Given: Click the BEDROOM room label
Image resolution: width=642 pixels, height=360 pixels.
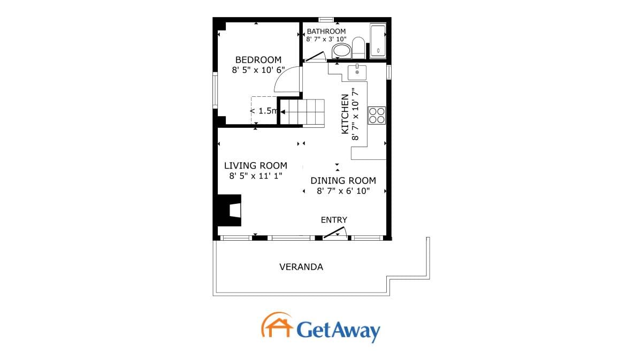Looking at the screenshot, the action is pos(258,59).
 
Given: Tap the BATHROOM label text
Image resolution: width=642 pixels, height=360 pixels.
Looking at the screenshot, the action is pos(326,31).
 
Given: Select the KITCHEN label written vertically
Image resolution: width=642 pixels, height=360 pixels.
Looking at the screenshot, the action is pos(345,114).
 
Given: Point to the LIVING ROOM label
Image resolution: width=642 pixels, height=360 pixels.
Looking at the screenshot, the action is pos(255,165).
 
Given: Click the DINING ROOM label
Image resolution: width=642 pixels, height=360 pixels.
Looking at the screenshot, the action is pos(343,181).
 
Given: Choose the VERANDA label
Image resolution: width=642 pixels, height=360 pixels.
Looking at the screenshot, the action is pos(301,267).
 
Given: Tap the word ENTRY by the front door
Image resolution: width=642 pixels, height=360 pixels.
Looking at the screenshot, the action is pos(334,220).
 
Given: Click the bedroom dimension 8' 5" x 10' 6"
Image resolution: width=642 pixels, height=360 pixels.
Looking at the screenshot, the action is pos(258,70).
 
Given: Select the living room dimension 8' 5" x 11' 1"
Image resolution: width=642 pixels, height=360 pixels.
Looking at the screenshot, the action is pos(256,175).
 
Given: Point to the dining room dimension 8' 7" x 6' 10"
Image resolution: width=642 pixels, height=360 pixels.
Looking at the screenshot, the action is pos(343,191).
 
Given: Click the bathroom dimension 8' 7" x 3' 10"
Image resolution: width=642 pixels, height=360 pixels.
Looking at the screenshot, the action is pos(326,39).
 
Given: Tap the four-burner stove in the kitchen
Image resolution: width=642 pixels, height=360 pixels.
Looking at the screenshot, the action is pos(377,116).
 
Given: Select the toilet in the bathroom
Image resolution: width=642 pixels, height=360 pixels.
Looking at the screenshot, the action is pos(358,48).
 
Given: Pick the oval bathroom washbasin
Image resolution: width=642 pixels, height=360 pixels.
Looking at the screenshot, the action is pos(341,51).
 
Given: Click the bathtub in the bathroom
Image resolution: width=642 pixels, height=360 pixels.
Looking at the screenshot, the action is pos(378,41).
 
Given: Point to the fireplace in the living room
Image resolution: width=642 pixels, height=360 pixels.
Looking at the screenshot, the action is pos(230,210).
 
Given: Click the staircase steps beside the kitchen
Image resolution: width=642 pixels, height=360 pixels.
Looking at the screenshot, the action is pos(302,112).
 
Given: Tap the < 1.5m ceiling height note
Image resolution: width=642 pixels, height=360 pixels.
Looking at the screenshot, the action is pos(264,111).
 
